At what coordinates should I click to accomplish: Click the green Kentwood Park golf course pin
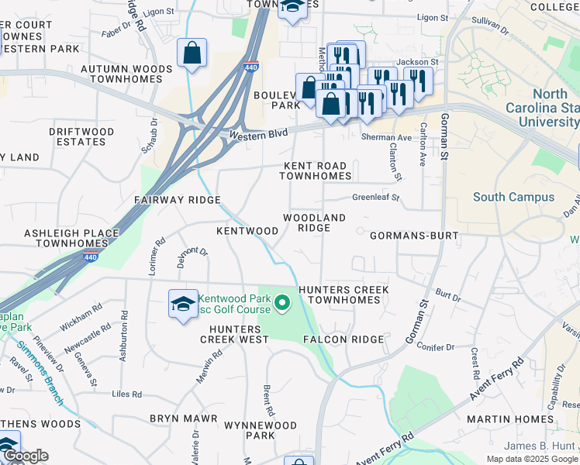(283, 303)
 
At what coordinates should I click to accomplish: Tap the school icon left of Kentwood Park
(182, 304)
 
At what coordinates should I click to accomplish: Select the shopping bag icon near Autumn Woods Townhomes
(192, 53)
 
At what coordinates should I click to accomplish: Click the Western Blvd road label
(259, 134)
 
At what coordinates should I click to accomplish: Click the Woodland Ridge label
(314, 222)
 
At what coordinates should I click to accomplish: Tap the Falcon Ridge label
(344, 339)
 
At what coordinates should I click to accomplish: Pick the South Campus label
(514, 197)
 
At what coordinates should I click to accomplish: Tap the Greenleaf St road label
(375, 198)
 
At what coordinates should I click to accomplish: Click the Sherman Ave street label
(386, 138)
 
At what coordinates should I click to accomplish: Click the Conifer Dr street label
(432, 346)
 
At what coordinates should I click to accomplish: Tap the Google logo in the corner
(25, 456)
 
